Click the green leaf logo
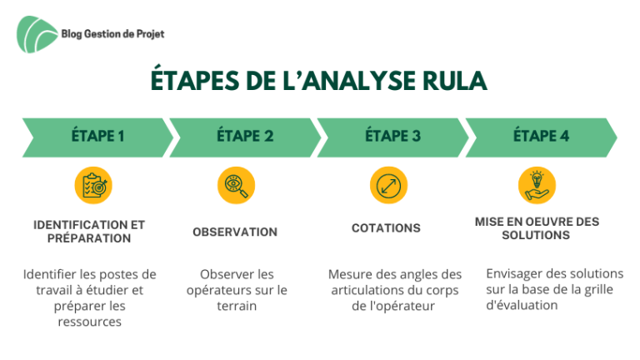[x=37, y=34]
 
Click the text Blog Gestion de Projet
[x=112, y=34]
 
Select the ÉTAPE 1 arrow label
[x=98, y=136]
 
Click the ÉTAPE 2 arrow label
[x=245, y=136]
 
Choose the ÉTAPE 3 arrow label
[x=392, y=136]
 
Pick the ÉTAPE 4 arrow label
[x=541, y=136]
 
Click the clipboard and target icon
[x=93, y=185]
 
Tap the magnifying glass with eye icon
[x=237, y=185]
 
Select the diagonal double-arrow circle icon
[x=388, y=185]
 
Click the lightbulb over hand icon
[x=537, y=185]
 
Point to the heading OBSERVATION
[x=235, y=232]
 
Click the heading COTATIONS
[x=386, y=227]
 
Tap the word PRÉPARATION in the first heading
[x=89, y=238]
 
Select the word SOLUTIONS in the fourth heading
[x=536, y=235]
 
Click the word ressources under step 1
[x=90, y=322]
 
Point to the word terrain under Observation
[x=237, y=306]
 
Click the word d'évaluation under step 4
[x=522, y=305]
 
